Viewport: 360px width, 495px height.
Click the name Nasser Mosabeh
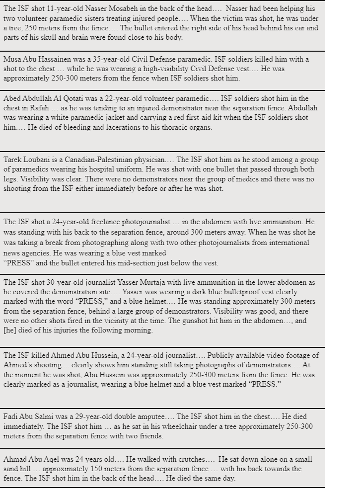(125, 9)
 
